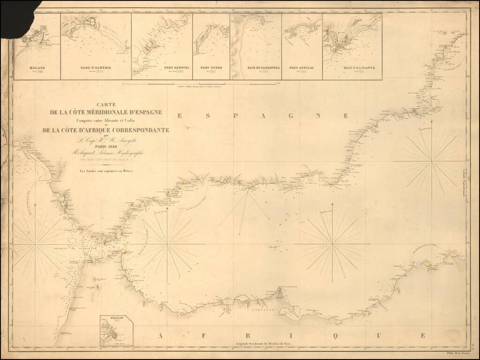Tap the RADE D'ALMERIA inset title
[x=96, y=67]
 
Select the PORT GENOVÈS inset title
[x=176, y=67]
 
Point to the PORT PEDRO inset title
[x=211, y=67]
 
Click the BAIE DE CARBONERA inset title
[x=264, y=67]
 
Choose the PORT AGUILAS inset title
[x=301, y=67]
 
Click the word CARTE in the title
[x=106, y=105]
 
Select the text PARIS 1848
[x=106, y=146]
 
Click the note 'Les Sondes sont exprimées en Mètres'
[x=106, y=171]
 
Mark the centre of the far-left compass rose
[x=36, y=244]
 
